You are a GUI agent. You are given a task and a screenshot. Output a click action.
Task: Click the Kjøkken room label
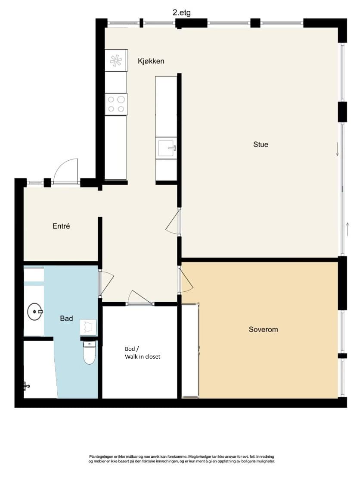pos(151,61)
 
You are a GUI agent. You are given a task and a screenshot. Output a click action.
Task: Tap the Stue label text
pos(261,144)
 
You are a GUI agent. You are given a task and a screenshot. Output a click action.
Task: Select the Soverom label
pos(263,329)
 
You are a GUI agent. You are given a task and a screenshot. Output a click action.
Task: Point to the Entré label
pos(61,226)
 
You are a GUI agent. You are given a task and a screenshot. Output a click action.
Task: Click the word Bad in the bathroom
pos(66,319)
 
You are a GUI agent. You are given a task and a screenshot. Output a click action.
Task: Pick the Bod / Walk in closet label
pos(143,353)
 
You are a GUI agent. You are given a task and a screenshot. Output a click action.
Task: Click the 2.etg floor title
pos(181,12)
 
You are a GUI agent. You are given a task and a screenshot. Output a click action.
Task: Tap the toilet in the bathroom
pos(90,353)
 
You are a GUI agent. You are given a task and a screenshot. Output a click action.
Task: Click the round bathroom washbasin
pos(34,312)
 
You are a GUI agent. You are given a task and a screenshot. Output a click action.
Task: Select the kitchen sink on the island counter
pos(166,148)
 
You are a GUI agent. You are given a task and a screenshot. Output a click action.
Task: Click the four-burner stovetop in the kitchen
pos(116,104)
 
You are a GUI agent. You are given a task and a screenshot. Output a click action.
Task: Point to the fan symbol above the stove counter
pos(116,60)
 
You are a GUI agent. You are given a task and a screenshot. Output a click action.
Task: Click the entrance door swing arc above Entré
pos(65,171)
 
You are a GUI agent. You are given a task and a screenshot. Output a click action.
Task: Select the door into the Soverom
pos(186,280)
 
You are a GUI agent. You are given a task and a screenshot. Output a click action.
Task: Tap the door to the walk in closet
pos(140,297)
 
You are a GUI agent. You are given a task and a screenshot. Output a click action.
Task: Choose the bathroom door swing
pos(106,283)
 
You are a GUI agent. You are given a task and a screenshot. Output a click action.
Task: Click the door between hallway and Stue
pos(173,222)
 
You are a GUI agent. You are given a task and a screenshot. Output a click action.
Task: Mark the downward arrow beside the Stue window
pos(337,149)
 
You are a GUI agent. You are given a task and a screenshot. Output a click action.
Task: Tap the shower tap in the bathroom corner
pos(26,386)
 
